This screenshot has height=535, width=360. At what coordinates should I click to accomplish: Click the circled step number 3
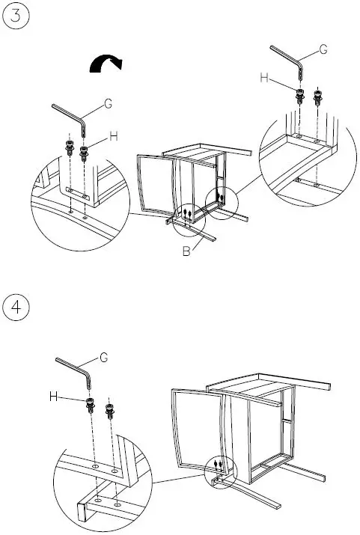coord(16,18)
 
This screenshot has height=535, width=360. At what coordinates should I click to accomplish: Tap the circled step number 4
coord(16,308)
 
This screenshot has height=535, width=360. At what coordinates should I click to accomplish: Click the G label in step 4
coord(104,358)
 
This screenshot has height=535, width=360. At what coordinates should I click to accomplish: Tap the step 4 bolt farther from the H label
coord(111,409)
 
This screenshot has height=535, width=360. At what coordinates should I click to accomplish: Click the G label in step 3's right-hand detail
coord(323,49)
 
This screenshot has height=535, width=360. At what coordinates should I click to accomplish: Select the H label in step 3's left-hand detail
coord(114,136)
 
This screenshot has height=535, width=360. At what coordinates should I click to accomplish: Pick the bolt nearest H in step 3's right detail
coord(299,96)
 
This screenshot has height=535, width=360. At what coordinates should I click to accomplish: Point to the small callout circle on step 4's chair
coord(218,468)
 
